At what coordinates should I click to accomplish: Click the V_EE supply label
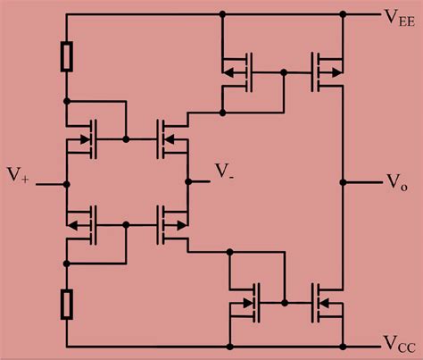pos(399,17)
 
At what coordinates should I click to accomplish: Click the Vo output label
pos(395,181)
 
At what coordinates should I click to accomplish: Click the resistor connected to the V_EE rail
pos(66,56)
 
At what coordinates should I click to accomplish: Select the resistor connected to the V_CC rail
pos(66,304)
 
